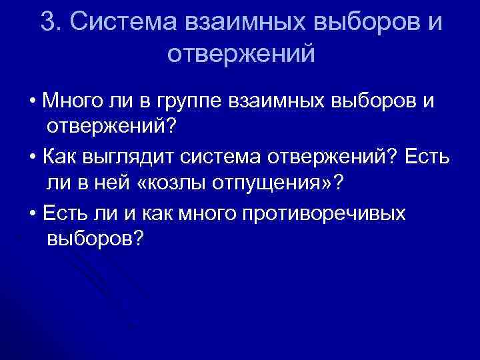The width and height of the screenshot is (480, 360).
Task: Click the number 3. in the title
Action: (51, 21)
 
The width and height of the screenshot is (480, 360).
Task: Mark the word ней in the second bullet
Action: (121, 182)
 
